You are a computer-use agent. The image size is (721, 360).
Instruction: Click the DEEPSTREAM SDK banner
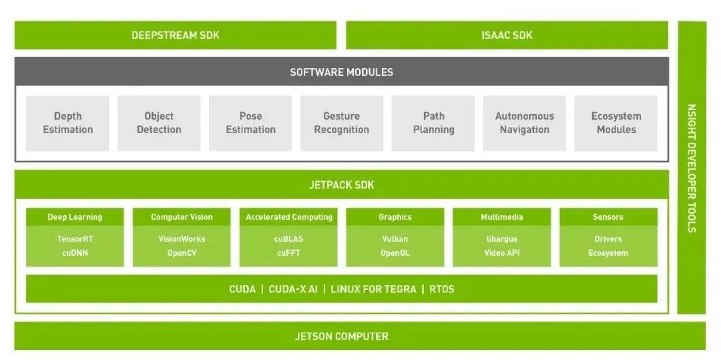[175, 35]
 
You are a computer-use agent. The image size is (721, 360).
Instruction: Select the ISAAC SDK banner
[507, 35]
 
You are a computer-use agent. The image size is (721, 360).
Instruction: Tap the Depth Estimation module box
[67, 123]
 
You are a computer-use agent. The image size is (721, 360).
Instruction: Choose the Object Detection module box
[159, 123]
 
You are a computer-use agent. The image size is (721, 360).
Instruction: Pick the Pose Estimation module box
[250, 123]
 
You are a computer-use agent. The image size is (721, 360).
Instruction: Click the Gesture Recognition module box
[341, 123]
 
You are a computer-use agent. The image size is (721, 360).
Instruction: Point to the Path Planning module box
[433, 123]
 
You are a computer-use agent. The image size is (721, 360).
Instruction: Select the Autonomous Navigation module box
[524, 123]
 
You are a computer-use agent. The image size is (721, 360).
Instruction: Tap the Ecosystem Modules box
[616, 123]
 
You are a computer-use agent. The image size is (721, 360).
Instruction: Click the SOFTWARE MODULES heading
[341, 71]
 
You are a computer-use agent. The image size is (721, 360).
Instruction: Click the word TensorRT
[75, 238]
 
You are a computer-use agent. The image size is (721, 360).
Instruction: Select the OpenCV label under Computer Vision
[182, 253]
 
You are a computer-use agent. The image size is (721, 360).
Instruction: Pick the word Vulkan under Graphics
[395, 238]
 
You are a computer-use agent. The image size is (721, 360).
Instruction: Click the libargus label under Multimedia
[501, 238]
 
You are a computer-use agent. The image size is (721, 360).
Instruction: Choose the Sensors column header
[608, 217]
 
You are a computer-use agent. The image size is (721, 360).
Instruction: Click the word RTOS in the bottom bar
[442, 289]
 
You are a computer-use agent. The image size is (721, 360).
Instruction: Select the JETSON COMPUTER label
[341, 336]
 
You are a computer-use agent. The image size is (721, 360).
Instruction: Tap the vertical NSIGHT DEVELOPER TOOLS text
[692, 168]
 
